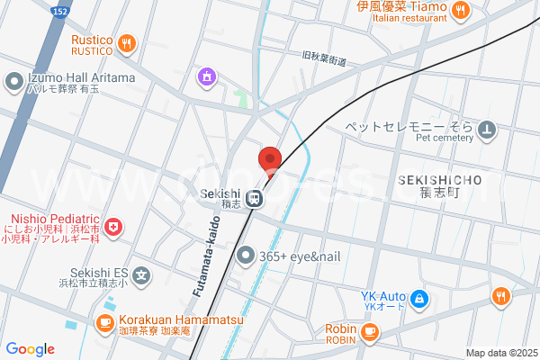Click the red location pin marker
269,160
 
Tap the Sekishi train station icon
256,198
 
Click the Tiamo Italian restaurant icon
461,11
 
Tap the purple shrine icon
209,76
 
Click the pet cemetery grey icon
487,131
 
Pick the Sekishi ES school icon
141,274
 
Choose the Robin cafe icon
369,331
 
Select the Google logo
30,349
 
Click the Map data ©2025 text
500,353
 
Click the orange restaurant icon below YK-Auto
500,296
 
